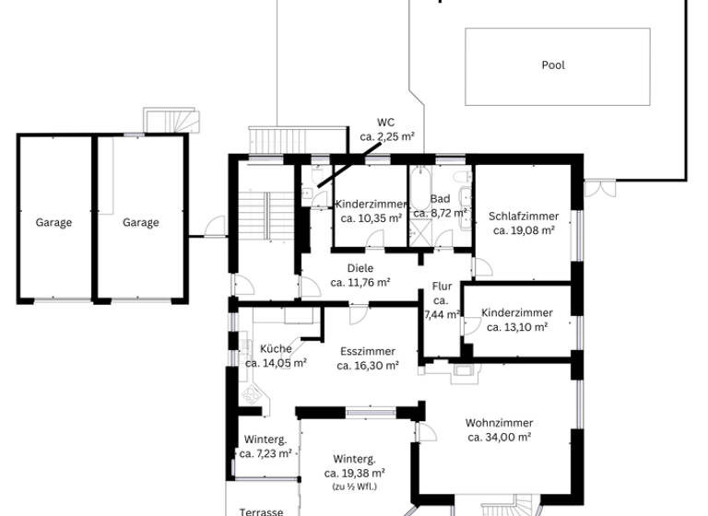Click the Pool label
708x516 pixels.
(x=553, y=65)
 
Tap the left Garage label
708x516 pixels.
(x=53, y=222)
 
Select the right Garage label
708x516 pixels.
(x=141, y=222)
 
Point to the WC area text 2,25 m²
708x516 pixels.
(x=386, y=136)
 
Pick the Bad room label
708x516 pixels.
(x=440, y=199)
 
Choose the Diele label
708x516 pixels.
(x=360, y=268)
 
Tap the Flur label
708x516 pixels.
(x=441, y=287)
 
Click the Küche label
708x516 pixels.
(x=276, y=349)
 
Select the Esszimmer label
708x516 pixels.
(x=367, y=351)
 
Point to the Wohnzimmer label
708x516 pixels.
(x=499, y=423)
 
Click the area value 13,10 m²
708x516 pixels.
(x=517, y=327)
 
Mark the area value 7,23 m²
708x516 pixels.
(x=265, y=453)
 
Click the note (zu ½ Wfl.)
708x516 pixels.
(x=354, y=486)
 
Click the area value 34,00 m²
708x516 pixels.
(x=499, y=437)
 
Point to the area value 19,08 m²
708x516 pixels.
(x=524, y=230)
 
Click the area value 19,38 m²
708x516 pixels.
(x=354, y=473)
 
